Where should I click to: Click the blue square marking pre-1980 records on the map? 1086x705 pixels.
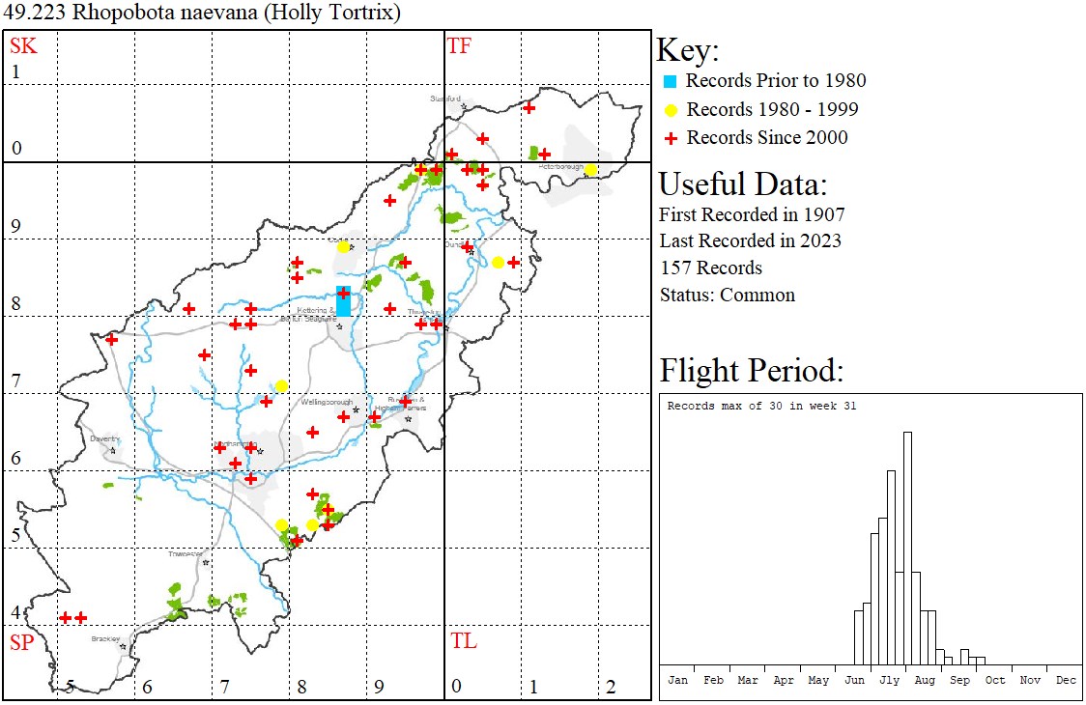pos(343,301)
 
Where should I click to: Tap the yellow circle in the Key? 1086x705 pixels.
pos(672,109)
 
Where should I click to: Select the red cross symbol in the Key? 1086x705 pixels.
pos(672,138)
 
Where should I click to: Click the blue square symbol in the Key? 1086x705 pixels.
pos(672,81)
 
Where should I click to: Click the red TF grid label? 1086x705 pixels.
pos(459,45)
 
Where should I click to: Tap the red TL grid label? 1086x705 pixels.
pos(464,641)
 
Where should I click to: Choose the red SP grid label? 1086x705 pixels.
pos(21,642)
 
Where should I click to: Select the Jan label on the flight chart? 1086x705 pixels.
pos(677,680)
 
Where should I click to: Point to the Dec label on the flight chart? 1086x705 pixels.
pos(1066,680)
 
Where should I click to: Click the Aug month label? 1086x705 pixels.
pos(925,680)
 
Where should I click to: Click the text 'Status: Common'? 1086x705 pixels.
pos(727,295)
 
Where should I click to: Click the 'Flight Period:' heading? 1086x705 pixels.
pos(751,370)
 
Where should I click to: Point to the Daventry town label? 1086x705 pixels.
pos(102,437)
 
